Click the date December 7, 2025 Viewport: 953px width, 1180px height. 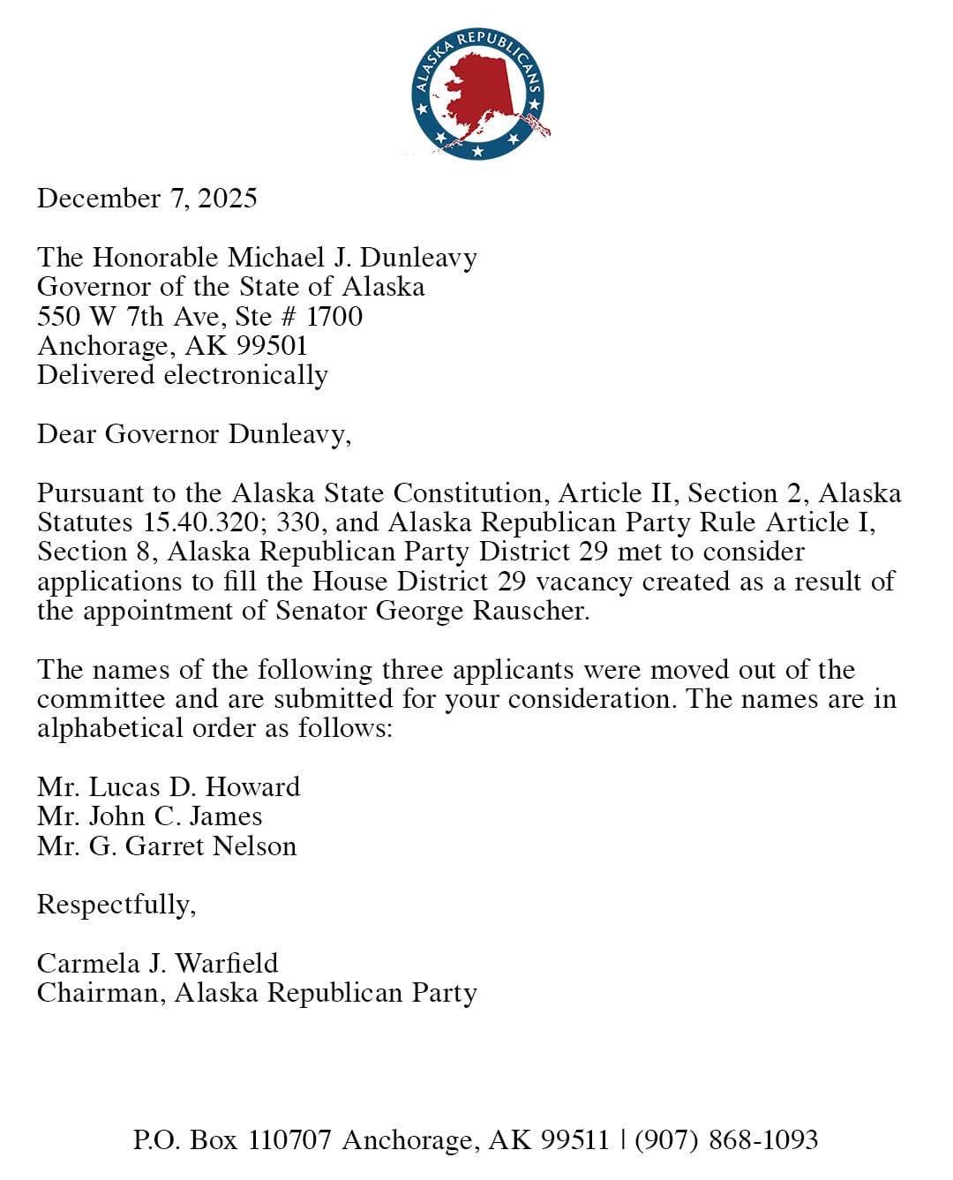click(146, 198)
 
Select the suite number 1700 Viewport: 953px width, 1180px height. click(334, 316)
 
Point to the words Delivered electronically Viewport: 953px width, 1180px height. click(182, 375)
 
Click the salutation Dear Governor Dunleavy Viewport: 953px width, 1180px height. click(193, 434)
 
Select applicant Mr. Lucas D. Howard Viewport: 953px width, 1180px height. click(169, 786)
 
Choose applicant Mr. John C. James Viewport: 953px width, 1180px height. click(149, 816)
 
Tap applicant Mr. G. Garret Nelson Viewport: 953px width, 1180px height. click(167, 846)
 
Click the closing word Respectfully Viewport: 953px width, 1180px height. click(116, 906)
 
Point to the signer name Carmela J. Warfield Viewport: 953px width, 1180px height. click(157, 963)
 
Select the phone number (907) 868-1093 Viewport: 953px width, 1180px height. click(726, 1139)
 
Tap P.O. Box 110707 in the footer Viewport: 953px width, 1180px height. click(233, 1139)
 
